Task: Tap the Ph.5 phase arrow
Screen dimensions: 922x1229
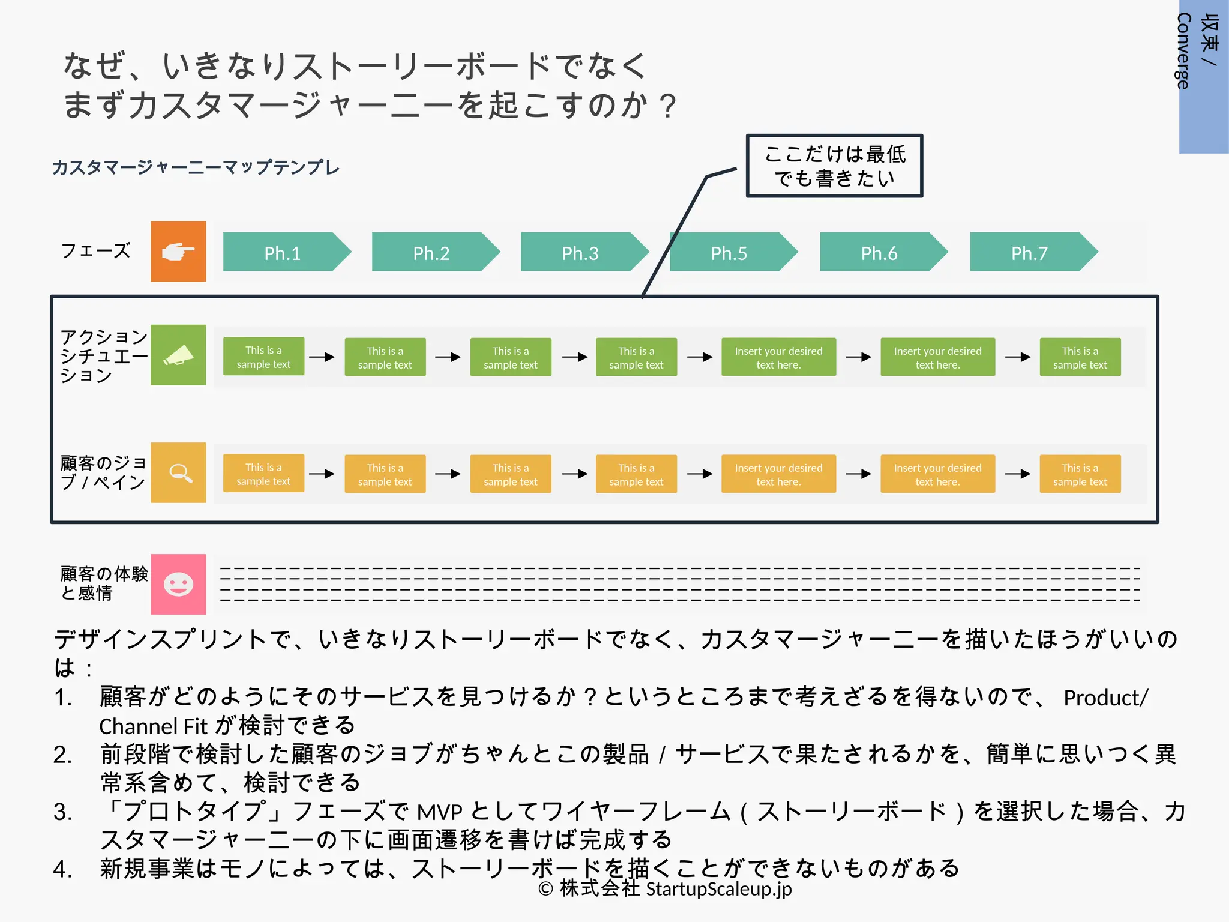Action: [730, 252]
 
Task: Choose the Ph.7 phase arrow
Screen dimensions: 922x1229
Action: [1030, 252]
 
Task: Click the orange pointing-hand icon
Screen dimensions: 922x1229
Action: [178, 252]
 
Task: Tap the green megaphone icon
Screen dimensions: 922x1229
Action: [178, 355]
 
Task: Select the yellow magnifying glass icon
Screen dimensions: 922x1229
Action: [178, 472]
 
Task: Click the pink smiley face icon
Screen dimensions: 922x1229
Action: [178, 584]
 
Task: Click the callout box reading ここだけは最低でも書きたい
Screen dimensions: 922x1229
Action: [834, 166]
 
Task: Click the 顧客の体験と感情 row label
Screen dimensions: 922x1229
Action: [103, 583]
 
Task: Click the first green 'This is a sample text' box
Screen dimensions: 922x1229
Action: [263, 357]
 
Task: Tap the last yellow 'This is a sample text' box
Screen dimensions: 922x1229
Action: [1080, 474]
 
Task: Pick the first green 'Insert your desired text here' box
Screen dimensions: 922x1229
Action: [778, 357]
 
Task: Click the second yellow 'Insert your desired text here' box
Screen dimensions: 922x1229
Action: [937, 474]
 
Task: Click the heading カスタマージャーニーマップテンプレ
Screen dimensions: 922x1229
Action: [196, 167]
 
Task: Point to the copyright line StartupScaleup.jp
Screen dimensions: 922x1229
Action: [665, 888]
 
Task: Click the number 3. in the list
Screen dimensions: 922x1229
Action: [62, 812]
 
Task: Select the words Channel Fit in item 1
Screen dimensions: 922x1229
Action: [153, 726]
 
